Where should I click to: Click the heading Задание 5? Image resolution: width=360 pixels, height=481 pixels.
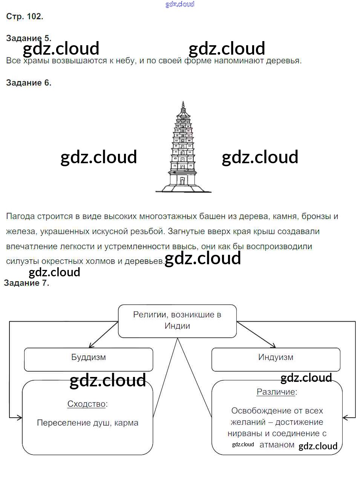coord(29,38)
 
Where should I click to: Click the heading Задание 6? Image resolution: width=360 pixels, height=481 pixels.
coord(29,83)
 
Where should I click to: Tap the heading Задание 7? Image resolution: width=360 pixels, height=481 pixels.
coord(26,283)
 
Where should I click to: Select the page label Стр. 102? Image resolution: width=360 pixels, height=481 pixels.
coord(25,17)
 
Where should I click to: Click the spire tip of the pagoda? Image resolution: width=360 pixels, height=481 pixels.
coord(183,102)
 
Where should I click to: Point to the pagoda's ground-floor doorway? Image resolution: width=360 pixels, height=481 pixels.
coord(182,181)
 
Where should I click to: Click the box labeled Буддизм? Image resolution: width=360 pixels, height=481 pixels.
coord(89,359)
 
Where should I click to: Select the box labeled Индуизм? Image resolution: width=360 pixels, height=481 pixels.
coord(276,359)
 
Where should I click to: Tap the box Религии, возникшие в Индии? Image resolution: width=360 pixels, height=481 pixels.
coord(177,320)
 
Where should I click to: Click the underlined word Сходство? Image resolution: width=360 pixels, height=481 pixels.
coord(86,404)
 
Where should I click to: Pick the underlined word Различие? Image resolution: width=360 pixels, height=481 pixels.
coord(276,392)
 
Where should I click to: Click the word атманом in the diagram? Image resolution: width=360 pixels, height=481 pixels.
coord(277,445)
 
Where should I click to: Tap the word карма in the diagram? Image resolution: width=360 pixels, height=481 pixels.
coord(126,423)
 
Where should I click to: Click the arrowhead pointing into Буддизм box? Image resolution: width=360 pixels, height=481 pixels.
coord(90,346)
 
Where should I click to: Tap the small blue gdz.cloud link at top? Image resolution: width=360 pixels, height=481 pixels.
coord(180,4)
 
